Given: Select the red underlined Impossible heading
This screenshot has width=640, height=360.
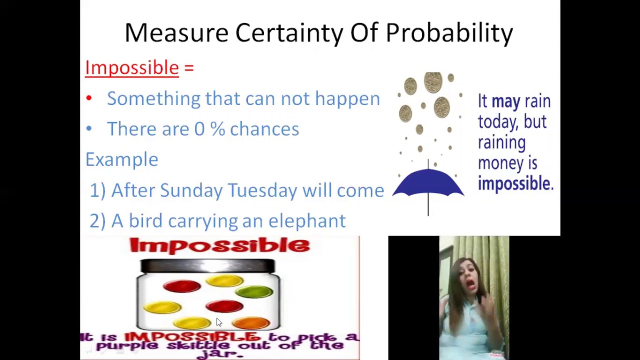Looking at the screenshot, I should pyautogui.click(x=132, y=68).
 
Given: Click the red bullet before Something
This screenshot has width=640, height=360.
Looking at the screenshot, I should pyautogui.click(x=89, y=98).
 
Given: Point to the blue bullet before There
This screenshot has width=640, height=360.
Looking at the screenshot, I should pyautogui.click(x=89, y=129).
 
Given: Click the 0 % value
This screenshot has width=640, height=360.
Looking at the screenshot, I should pyautogui.click(x=209, y=129).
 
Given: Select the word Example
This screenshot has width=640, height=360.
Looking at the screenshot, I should pyautogui.click(x=121, y=159).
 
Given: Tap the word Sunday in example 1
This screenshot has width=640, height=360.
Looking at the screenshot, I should pyautogui.click(x=191, y=190).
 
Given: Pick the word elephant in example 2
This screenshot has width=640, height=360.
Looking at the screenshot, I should pyautogui.click(x=306, y=221).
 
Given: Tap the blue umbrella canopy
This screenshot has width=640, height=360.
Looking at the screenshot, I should pyautogui.click(x=428, y=183).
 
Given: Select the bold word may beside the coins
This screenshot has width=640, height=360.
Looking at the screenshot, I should pyautogui.click(x=505, y=101).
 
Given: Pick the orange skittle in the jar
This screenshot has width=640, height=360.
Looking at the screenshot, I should pyautogui.click(x=251, y=322).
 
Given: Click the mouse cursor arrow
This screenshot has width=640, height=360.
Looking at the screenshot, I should pyautogui.click(x=218, y=322).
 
